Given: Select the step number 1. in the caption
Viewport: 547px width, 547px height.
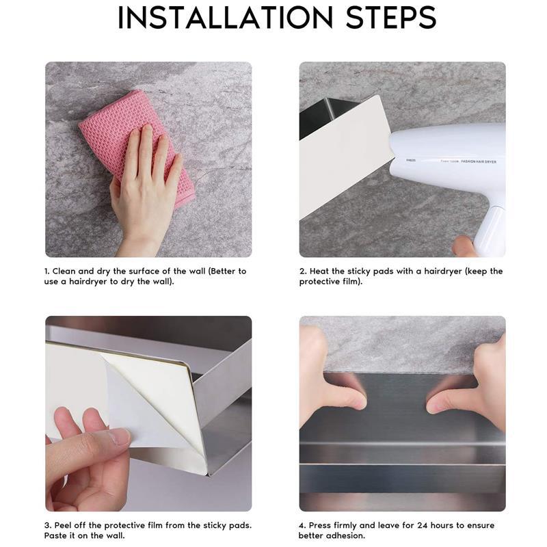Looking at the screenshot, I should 47,271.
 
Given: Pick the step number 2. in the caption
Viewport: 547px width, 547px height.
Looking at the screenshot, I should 302,271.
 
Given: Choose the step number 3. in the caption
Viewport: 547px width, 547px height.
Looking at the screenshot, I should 48,526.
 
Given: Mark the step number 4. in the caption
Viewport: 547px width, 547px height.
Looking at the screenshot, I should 302,526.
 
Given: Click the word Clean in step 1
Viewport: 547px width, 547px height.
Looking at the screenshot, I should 65,271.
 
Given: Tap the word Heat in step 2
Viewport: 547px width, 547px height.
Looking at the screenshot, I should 319,271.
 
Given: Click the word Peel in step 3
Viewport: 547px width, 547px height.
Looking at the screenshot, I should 64,526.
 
